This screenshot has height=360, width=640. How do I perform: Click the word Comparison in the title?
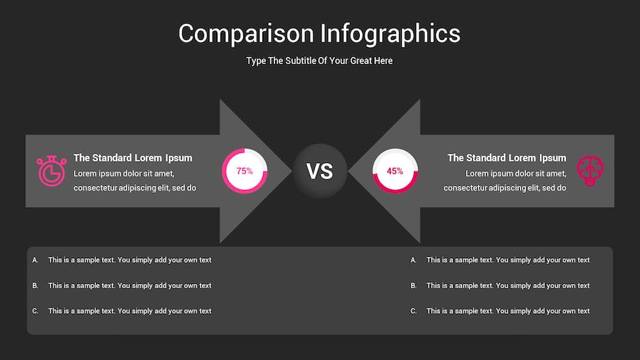coord(246,34)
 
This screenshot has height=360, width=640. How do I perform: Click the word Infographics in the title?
coord(390,34)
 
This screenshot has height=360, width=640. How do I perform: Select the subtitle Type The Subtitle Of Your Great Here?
coord(319,60)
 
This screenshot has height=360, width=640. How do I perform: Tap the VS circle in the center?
coord(320,171)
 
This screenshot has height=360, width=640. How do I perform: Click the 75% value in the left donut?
coord(245,171)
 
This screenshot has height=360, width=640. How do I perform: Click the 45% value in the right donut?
coord(395,171)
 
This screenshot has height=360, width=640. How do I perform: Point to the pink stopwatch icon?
coord(51,171)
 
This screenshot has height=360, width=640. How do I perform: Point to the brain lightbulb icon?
coord(590,171)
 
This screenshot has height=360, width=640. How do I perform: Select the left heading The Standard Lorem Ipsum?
coord(133,158)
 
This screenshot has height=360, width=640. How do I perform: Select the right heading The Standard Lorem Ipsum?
coord(506,158)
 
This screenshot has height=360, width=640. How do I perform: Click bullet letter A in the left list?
coord(35,260)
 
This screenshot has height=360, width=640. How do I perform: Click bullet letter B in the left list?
coord(35,286)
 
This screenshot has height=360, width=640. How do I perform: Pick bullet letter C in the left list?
coord(35,311)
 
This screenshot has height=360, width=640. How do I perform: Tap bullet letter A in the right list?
coord(413,260)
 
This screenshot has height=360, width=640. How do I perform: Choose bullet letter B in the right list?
coord(413,286)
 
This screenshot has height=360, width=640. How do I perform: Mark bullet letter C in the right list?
coord(413,311)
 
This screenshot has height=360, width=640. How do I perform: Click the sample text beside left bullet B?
coord(130,286)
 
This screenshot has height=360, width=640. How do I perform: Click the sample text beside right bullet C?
coord(508,311)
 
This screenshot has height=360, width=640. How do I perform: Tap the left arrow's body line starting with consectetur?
coord(134,188)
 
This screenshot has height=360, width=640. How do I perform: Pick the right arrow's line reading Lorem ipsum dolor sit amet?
coord(516,174)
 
